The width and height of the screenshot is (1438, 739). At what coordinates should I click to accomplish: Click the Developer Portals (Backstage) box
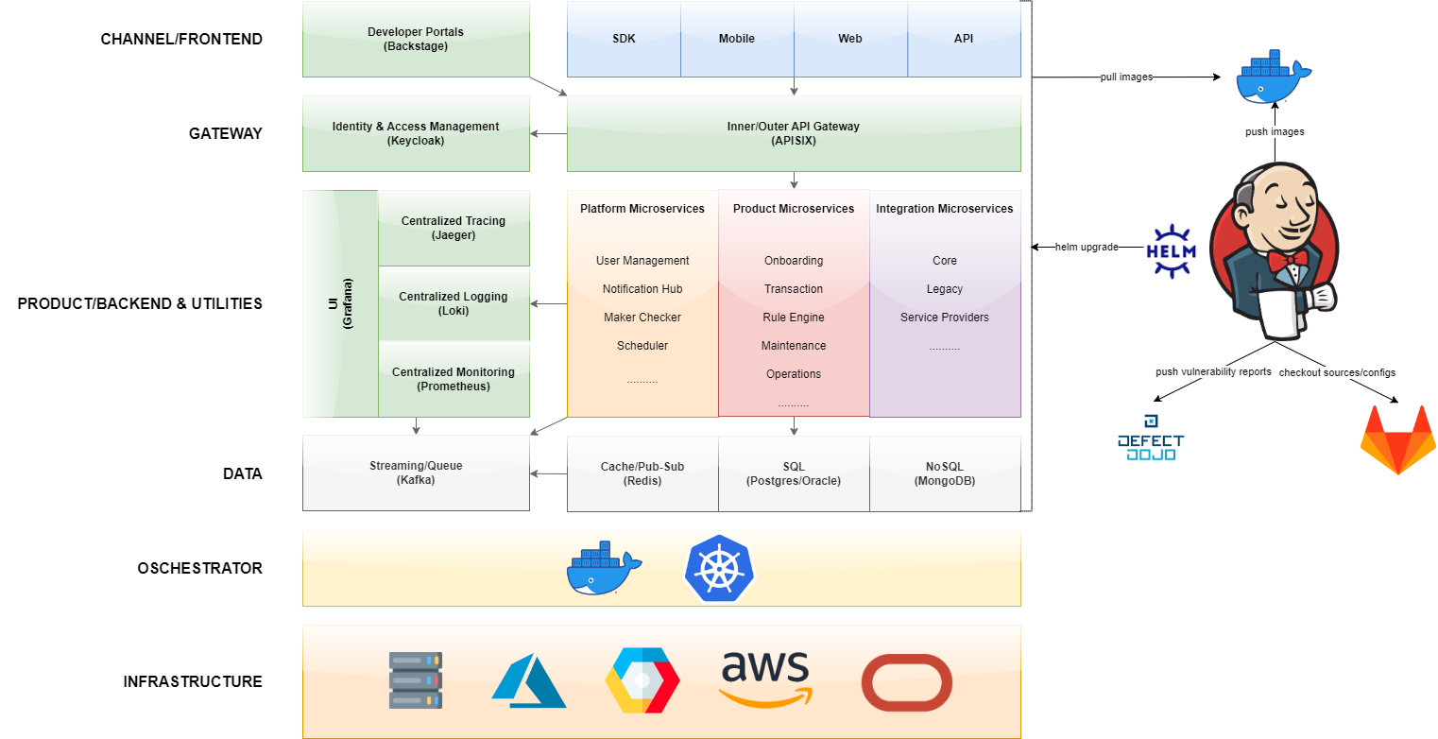tap(416, 39)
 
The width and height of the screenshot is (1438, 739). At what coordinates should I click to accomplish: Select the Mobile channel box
tap(737, 39)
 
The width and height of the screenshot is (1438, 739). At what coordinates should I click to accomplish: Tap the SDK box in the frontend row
tap(624, 39)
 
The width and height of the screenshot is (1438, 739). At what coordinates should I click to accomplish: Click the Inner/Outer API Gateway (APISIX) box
tap(794, 133)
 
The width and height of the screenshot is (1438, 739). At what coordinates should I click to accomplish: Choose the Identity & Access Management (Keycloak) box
tap(416, 133)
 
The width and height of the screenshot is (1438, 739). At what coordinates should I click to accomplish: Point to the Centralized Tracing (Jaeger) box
tap(454, 228)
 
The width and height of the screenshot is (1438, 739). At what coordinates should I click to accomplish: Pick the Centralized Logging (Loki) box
tap(454, 303)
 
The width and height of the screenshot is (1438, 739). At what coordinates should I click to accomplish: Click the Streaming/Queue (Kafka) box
tap(416, 473)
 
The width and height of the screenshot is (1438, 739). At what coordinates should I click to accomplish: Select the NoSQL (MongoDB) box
tap(945, 473)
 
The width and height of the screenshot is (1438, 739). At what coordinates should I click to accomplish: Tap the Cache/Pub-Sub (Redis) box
tap(642, 473)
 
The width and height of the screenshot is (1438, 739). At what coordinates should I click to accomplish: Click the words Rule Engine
tap(794, 318)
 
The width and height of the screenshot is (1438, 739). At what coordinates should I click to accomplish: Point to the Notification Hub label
tap(642, 289)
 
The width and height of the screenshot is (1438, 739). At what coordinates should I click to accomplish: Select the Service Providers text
tap(945, 318)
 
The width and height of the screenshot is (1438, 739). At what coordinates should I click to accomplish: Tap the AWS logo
tap(765, 679)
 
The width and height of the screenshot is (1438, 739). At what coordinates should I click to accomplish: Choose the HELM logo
tap(1171, 250)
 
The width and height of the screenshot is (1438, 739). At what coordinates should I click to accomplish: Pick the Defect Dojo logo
tap(1150, 440)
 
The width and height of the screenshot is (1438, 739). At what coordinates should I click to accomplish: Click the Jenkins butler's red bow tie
tap(1287, 258)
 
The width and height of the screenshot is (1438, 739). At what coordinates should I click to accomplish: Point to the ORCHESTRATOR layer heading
tap(199, 568)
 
